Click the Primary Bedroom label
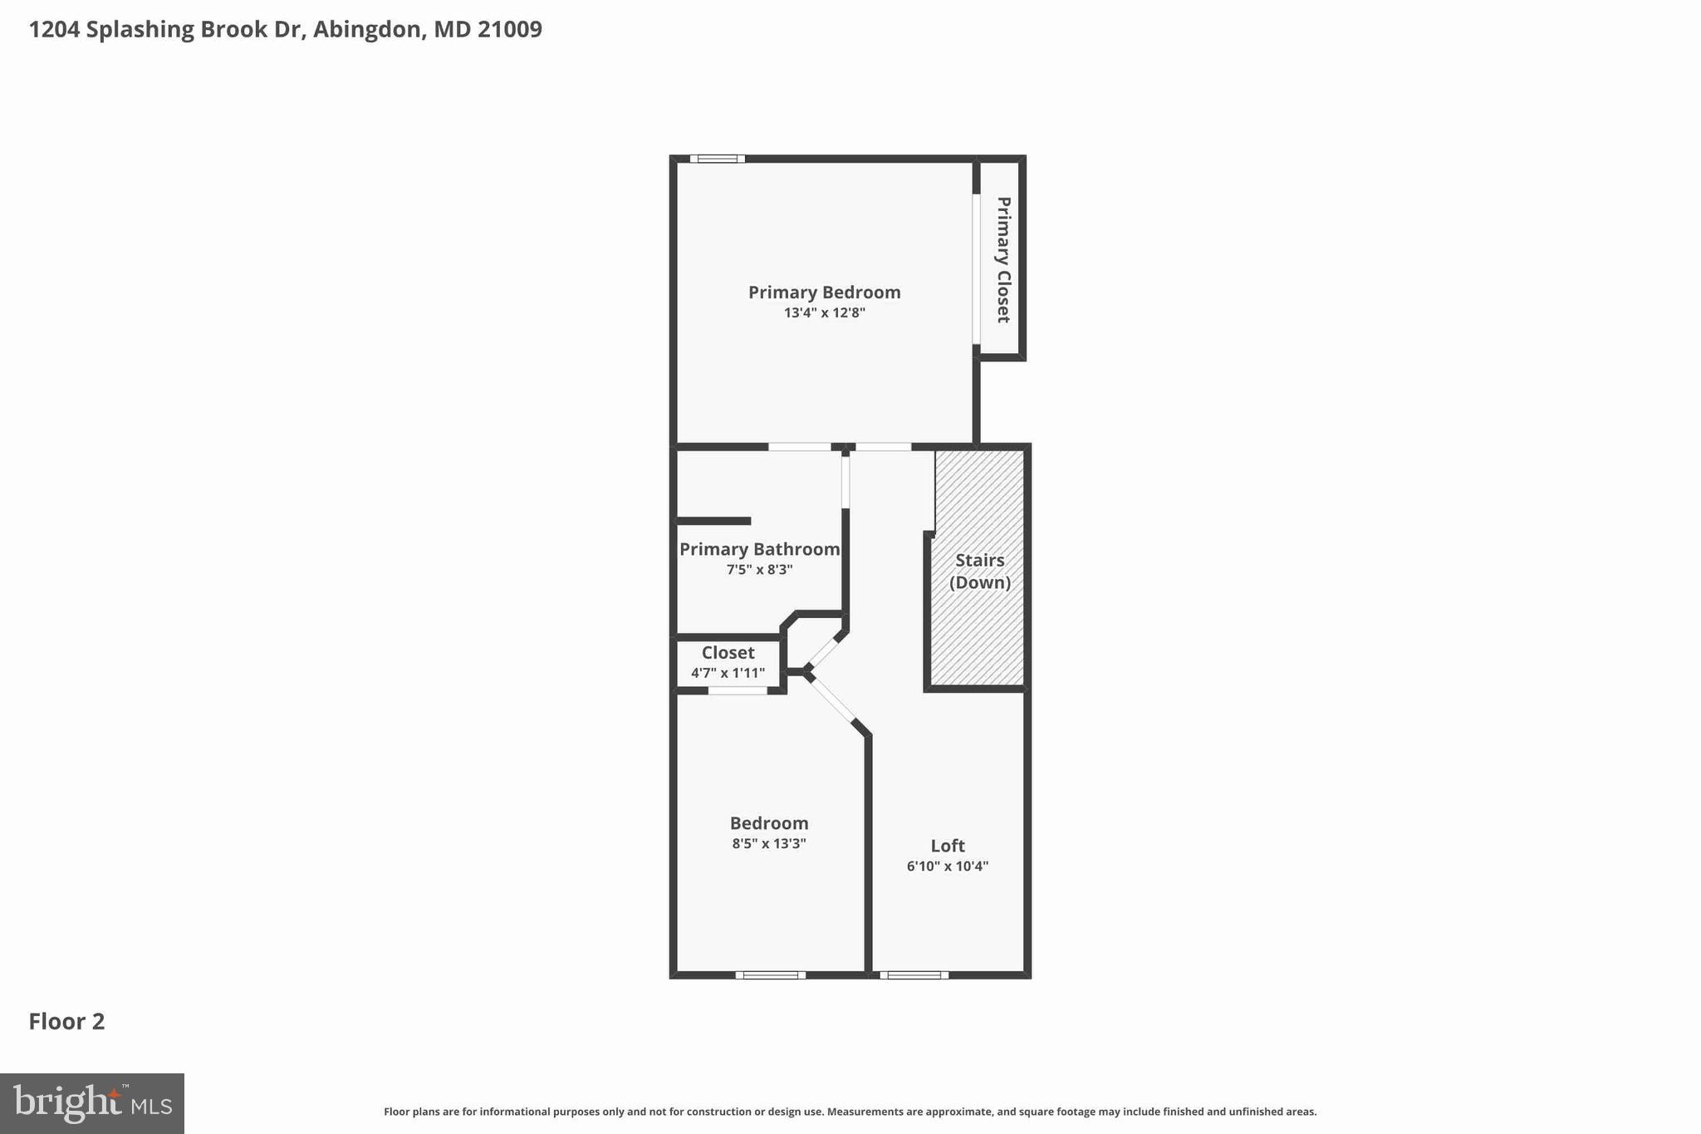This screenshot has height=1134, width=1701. pos(824,292)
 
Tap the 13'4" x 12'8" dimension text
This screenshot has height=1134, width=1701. pos(824,313)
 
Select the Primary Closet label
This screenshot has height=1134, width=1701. pos(1002,259)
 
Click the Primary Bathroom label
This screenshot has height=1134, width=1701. pos(759,549)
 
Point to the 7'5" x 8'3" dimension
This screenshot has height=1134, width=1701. pos(759,570)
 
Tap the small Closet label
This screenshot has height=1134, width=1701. pos(728,653)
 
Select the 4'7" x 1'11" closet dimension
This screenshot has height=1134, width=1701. pos(728,673)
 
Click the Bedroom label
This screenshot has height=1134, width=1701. pos(769,823)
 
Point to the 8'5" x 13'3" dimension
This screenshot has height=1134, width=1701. pos(769,844)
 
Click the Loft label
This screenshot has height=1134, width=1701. pos(947,846)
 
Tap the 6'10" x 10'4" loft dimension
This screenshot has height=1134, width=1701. pos(947,866)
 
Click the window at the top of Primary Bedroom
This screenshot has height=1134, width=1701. pos(717,159)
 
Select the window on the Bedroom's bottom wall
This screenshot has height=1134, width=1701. pos(770,974)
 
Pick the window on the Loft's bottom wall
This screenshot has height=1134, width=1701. pos(914,974)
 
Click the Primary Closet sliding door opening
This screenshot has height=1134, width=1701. pos(977,269)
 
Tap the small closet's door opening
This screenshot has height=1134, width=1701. pos(737,690)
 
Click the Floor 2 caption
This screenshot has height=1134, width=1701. pos(66,1022)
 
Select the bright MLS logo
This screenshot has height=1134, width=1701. pos(92,1103)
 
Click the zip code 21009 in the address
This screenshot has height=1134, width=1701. pos(509,30)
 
